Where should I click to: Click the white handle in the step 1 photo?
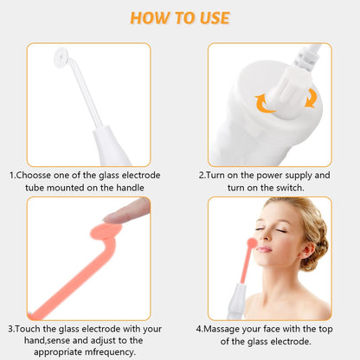click(111, 143)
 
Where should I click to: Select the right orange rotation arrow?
click(309, 98)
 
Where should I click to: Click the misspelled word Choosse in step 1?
click(41, 175)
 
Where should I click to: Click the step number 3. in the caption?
click(12, 329)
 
